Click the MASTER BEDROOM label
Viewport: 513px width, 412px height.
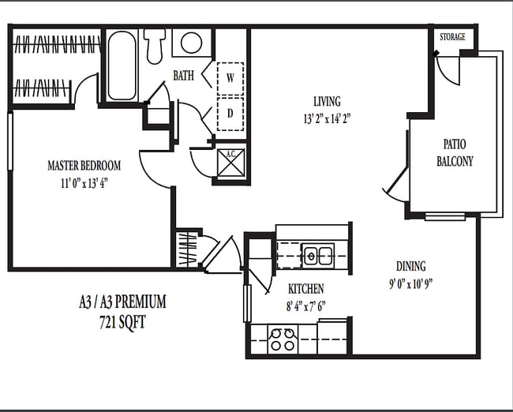point(84,166)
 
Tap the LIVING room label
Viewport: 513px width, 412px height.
point(327,102)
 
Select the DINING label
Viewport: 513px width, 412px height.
point(410,266)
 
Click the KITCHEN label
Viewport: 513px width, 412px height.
point(305,289)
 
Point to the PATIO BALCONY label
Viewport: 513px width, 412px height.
point(455,153)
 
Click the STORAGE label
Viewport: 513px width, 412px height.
point(452,37)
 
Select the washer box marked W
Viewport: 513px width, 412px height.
point(230,77)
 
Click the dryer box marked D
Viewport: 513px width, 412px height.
point(230,113)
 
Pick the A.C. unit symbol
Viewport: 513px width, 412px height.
point(231,163)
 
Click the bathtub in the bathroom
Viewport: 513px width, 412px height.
point(122,65)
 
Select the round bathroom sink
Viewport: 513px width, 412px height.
point(191,43)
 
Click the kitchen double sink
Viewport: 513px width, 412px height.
point(318,255)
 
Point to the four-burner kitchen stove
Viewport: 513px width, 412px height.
point(283,339)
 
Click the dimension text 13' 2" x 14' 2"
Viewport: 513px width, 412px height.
point(327,119)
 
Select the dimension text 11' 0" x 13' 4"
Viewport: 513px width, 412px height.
point(84,182)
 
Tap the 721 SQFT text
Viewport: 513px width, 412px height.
point(122,320)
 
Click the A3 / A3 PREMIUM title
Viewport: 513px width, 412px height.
point(122,302)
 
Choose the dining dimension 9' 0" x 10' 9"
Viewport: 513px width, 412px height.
point(410,283)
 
